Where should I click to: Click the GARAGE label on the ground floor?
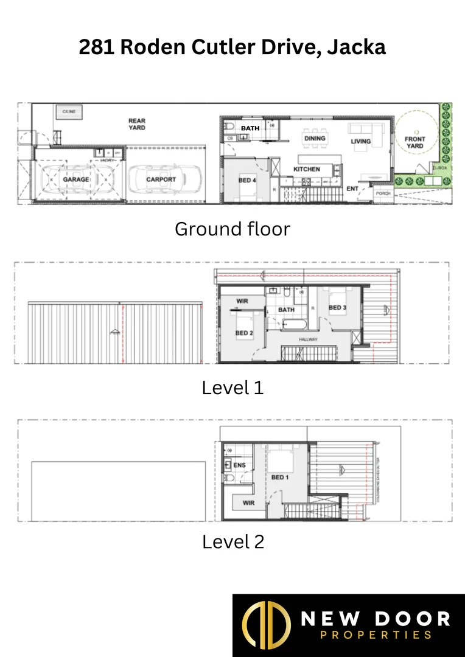coord(76,179)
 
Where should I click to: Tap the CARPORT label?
coord(161,179)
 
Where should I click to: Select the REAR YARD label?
coord(137,124)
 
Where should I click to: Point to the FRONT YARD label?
coord(415,142)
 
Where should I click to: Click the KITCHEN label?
coord(307,169)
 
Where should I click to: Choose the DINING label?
coord(315,139)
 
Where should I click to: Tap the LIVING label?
coord(361,142)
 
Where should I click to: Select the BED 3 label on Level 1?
coord(338,308)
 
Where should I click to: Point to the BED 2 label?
coord(244,333)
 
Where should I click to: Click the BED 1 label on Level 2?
coord(280,477)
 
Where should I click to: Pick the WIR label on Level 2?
coord(248,503)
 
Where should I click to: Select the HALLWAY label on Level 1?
coord(308,339)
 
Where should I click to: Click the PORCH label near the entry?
coord(383,193)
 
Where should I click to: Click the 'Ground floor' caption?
coord(232,229)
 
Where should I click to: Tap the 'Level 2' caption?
coord(233,541)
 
